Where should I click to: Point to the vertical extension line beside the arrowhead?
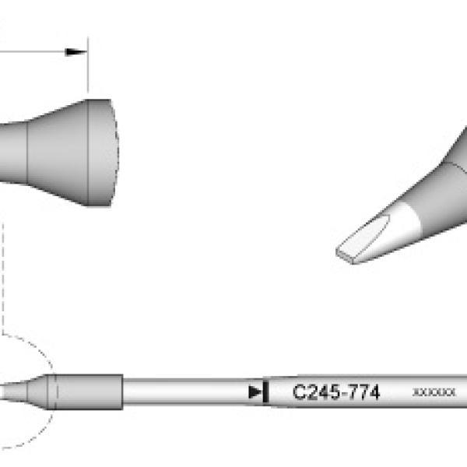tap(88, 65)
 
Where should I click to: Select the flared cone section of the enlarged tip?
tap(58, 153)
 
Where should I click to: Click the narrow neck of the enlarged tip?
tap(13, 153)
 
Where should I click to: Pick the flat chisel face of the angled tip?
tap(363, 238)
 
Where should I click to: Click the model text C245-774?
tap(336, 392)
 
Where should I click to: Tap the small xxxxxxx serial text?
tap(434, 392)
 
